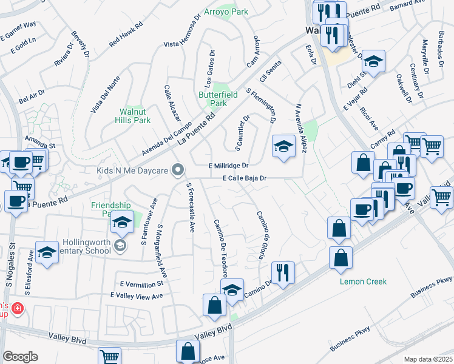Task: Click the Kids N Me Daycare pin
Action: point(177,170)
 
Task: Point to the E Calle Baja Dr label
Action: point(245,178)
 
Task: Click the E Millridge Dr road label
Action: point(228,165)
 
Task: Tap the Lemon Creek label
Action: point(363,281)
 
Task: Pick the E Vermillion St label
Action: point(142,283)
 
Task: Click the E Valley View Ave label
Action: point(137,295)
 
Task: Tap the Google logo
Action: point(20,357)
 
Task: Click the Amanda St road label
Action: point(40,146)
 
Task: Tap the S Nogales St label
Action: point(12,261)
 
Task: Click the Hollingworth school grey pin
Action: point(121,245)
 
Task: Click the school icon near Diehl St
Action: point(374,61)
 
